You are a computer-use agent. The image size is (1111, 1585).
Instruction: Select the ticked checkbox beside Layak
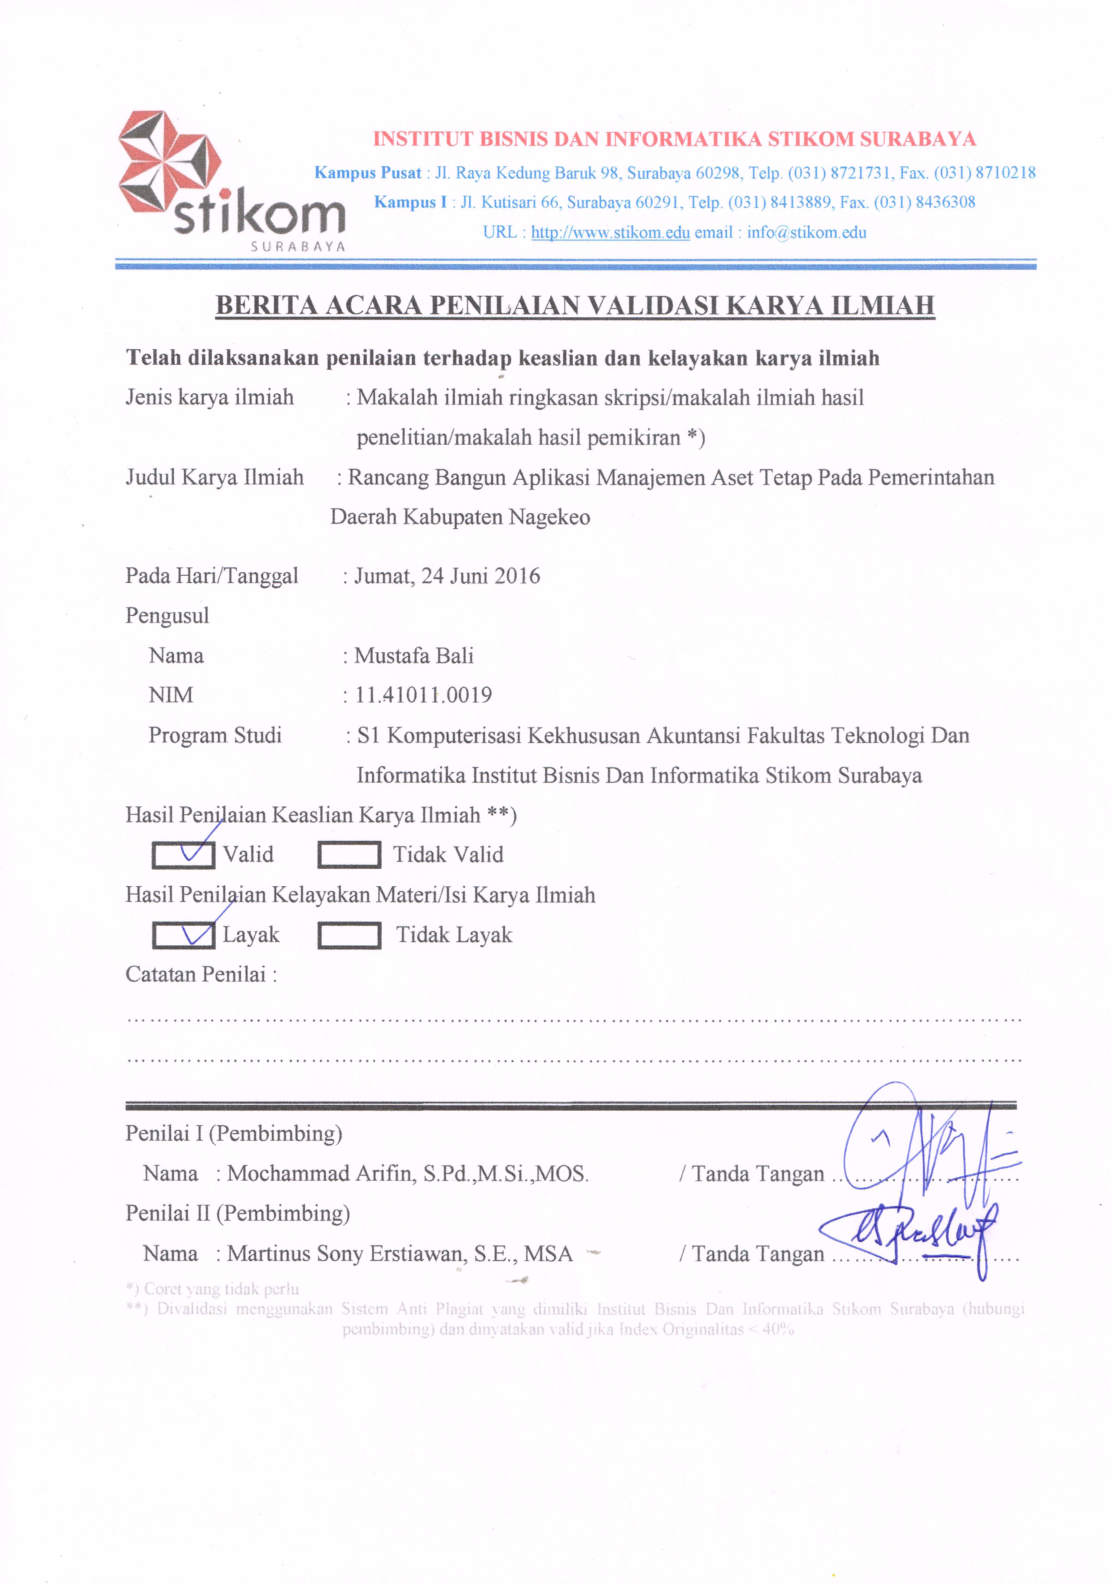click(183, 936)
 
